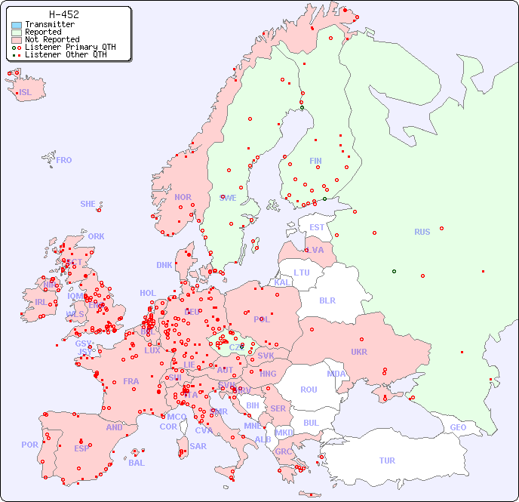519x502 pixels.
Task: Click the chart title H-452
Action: (x=63, y=14)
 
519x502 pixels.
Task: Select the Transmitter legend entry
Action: (x=50, y=25)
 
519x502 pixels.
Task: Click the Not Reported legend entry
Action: (x=52, y=39)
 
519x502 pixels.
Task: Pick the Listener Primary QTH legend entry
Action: (x=70, y=47)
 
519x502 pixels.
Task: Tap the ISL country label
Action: (x=25, y=93)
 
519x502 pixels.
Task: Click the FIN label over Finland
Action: (x=315, y=161)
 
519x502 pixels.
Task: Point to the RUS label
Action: (x=422, y=232)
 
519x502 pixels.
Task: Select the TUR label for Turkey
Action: (x=387, y=460)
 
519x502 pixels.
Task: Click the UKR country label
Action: (x=359, y=352)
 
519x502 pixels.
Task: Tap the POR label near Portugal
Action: (x=29, y=445)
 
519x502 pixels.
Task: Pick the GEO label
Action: (x=458, y=427)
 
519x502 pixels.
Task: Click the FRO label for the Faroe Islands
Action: (x=64, y=160)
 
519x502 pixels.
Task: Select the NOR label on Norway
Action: (x=183, y=197)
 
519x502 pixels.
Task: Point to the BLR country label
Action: (x=327, y=300)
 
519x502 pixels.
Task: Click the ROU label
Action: (x=309, y=390)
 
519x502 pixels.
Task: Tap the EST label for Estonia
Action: (x=317, y=227)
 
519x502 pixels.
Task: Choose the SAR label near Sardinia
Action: (x=198, y=446)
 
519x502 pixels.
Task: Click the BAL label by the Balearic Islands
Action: (x=137, y=463)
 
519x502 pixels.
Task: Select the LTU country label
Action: (x=302, y=273)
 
